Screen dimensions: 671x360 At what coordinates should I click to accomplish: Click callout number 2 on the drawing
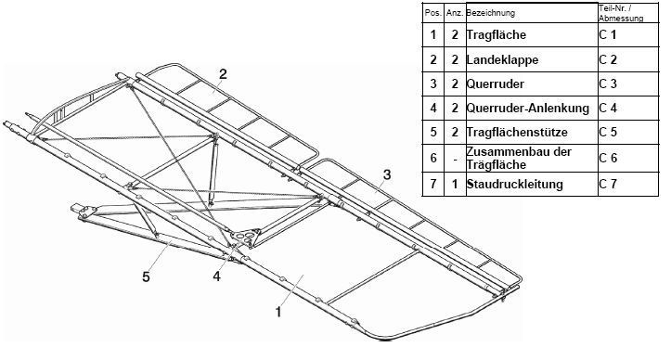tap(223, 74)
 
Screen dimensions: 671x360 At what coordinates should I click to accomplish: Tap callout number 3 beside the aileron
tap(387, 174)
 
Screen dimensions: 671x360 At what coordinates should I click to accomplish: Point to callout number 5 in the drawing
tap(147, 276)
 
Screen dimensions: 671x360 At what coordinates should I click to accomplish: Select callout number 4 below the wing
tap(217, 276)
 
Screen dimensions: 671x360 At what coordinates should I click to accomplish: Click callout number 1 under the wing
tap(278, 312)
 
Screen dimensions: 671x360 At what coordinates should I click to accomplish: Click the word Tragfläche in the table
tap(496, 34)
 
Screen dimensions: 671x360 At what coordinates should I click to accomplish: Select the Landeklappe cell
tap(502, 59)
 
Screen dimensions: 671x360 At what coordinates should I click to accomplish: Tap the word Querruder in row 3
tap(495, 84)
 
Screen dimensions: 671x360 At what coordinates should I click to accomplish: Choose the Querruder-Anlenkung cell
tap(528, 108)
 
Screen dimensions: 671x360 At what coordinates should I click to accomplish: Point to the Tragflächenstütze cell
tap(517, 132)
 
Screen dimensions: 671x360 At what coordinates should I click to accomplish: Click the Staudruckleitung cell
tap(514, 184)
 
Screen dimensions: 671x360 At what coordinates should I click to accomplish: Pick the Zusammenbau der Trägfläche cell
tap(519, 158)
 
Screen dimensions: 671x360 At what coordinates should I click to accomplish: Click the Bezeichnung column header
tap(490, 13)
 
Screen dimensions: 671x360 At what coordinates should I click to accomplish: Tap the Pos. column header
tap(433, 13)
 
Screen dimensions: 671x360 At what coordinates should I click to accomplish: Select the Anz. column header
tap(455, 13)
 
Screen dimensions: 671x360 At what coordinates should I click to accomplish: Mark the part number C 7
tap(608, 184)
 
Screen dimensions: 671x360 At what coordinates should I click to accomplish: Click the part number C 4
tap(608, 108)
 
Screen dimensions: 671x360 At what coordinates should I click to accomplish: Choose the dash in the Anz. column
tap(455, 159)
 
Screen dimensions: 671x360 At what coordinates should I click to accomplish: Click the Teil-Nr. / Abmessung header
tap(621, 13)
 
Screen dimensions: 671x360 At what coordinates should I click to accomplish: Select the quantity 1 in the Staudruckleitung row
tap(455, 184)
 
